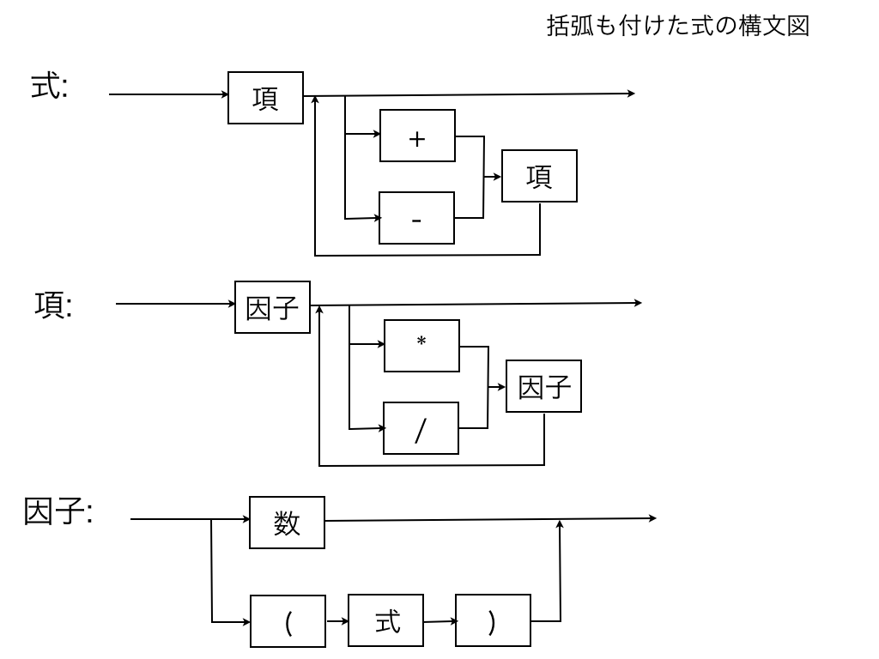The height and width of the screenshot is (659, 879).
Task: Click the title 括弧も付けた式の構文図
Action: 677,27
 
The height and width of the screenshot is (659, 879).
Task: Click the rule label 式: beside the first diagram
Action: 50,88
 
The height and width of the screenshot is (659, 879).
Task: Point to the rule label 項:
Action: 53,305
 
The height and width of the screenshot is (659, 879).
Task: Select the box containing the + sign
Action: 418,136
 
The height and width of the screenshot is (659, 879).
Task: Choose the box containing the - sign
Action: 417,218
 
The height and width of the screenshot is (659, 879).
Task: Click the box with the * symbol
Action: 421,346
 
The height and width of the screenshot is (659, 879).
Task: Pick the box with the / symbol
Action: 421,428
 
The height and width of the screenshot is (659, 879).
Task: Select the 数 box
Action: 287,523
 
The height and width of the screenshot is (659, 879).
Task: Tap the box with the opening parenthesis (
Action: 288,621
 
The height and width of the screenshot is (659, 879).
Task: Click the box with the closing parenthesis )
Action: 493,620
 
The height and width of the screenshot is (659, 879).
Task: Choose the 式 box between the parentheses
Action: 388,620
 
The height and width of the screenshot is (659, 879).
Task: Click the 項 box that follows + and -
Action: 539,176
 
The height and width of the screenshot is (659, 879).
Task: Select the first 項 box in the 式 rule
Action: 265,98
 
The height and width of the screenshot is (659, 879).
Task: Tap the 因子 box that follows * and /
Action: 544,386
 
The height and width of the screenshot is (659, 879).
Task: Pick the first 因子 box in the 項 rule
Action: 272,307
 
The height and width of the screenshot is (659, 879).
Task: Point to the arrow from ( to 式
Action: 337,620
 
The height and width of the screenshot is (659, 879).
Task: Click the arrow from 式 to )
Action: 440,620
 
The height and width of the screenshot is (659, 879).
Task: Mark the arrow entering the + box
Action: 362,135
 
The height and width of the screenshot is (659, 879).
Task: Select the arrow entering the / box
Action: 367,427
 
